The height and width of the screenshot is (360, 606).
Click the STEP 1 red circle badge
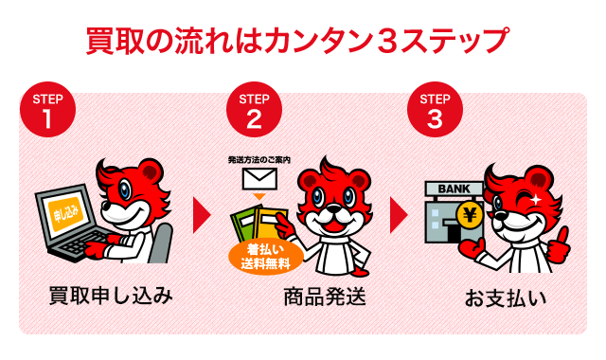tap(46, 112)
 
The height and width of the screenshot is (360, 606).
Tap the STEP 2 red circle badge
tap(253, 112)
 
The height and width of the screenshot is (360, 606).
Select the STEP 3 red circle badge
tap(434, 112)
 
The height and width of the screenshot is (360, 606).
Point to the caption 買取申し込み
tap(111, 296)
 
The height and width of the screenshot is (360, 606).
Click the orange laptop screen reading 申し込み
tap(65, 210)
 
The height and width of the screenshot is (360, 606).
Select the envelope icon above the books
tap(256, 178)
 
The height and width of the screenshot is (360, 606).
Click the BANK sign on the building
tap(452, 189)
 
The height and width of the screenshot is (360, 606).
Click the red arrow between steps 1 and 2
tap(201, 215)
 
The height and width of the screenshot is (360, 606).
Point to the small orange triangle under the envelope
tap(256, 196)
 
